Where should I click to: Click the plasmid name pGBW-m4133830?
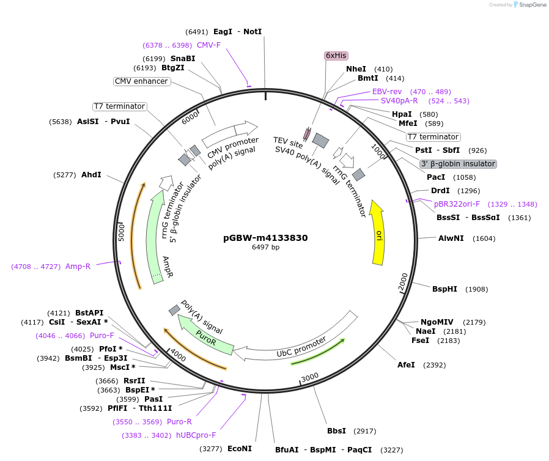[x=265, y=238]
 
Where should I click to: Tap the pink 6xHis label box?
[x=336, y=56]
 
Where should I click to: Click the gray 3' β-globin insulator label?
[x=458, y=164]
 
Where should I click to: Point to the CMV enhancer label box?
[x=141, y=81]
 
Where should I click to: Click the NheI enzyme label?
[x=356, y=69]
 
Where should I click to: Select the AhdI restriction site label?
[x=91, y=175]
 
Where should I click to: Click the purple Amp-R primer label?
[x=78, y=267]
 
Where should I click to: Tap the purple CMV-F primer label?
[x=208, y=45]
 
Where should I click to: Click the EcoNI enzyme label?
[x=240, y=449]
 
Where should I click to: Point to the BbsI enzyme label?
[x=336, y=431]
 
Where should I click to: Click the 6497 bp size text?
[x=265, y=248]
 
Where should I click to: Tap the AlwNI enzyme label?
[x=451, y=238]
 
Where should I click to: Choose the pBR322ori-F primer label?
[x=457, y=204]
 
